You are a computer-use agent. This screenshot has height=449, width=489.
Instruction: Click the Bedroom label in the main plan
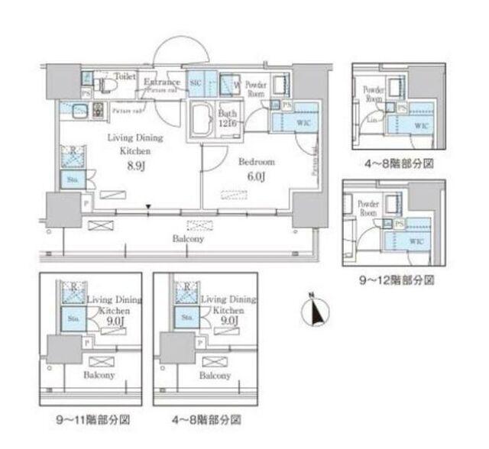251,163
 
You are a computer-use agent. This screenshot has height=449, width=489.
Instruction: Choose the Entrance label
161,82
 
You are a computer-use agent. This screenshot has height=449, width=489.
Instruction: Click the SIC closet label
195,82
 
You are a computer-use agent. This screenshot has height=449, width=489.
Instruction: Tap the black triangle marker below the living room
149,207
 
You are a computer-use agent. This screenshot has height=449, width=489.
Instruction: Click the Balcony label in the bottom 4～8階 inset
215,376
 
